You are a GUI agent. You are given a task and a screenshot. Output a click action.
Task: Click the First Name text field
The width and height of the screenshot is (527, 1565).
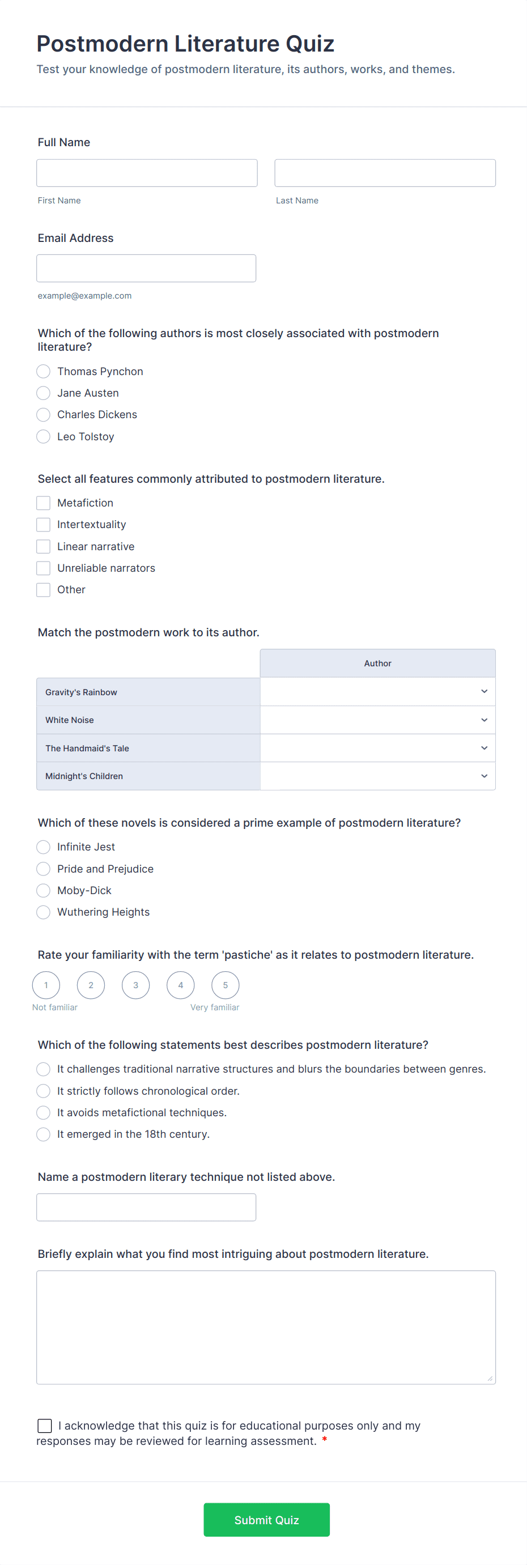(147, 173)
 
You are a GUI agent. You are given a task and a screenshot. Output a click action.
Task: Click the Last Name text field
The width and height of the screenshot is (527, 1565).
(385, 173)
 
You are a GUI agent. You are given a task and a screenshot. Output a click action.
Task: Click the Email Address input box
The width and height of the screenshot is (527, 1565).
(146, 268)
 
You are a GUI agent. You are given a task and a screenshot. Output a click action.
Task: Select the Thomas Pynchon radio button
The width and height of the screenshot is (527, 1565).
(43, 371)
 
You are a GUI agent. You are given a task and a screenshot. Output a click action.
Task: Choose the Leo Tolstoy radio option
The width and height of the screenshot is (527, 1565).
(43, 436)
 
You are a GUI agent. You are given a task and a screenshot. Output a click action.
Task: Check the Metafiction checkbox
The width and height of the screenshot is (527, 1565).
(43, 503)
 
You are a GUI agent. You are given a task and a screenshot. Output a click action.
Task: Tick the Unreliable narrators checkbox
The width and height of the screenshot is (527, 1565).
(43, 568)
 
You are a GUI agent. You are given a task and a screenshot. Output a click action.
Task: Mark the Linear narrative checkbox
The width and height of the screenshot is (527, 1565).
(43, 546)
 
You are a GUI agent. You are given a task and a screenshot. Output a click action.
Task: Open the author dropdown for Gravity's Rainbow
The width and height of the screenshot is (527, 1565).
(377, 691)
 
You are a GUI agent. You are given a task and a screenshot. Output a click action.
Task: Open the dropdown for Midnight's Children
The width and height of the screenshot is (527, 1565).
(377, 776)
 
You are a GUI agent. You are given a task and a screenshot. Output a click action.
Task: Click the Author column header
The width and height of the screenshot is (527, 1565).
(377, 664)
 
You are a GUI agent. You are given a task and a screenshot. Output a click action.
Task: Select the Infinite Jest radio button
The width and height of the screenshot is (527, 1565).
(43, 847)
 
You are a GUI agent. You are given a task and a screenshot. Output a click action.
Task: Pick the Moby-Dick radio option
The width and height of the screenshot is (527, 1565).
(43, 890)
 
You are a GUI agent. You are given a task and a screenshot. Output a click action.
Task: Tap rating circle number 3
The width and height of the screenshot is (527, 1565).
(135, 985)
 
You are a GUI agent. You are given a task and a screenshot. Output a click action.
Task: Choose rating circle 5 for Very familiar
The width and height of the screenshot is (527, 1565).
(225, 985)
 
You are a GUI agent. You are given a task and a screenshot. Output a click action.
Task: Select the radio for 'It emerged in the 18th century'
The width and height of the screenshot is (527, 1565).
(43, 1134)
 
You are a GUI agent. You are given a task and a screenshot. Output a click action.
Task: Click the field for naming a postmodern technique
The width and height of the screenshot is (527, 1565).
(146, 1207)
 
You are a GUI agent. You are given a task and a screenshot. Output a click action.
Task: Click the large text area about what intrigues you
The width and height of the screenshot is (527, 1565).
(266, 1327)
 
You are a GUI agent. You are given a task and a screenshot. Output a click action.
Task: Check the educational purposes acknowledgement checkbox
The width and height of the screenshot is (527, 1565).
(45, 1425)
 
